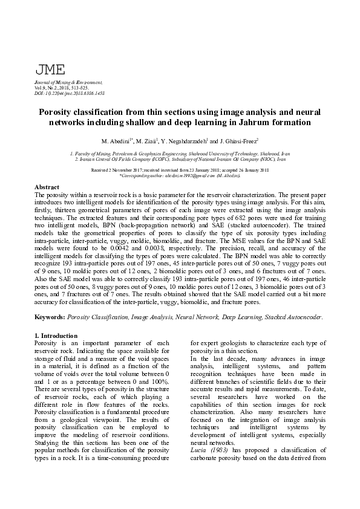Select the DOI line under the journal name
pyautogui.click(x=70, y=94)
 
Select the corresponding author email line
pyautogui.click(x=180, y=175)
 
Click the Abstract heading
pyautogui.click(x=47, y=188)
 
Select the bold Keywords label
pyautogui.click(x=50, y=316)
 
